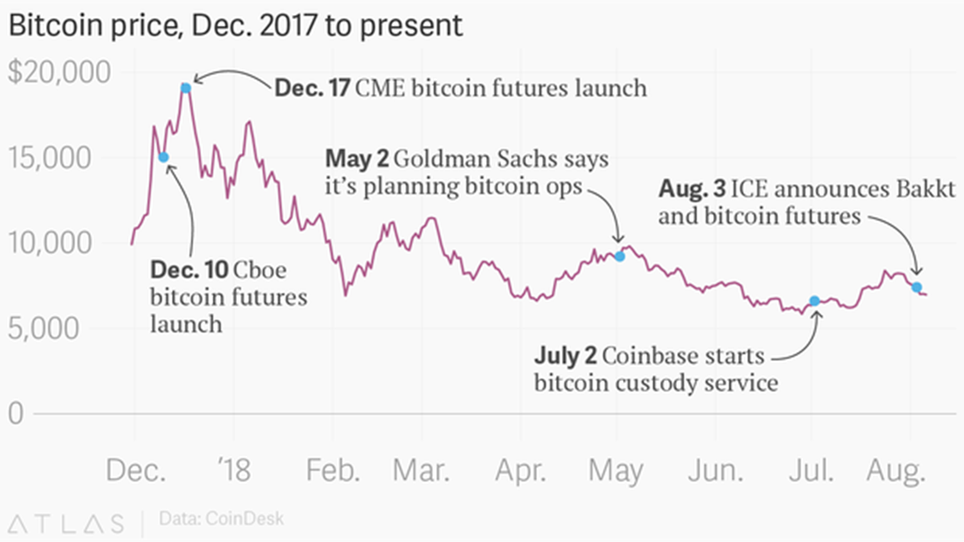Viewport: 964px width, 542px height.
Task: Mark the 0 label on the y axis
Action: click(x=16, y=414)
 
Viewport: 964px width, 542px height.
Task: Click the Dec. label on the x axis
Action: click(x=136, y=471)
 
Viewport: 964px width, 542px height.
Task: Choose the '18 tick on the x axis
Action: click(x=233, y=471)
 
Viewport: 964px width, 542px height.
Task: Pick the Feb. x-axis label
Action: click(x=333, y=471)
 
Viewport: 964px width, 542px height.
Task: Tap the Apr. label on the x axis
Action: click(x=520, y=471)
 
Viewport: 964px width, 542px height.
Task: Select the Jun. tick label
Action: click(x=715, y=471)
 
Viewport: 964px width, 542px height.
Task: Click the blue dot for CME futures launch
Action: click(x=186, y=88)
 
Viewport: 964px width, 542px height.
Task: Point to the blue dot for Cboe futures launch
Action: click(x=163, y=158)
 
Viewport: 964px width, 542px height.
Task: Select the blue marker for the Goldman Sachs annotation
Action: click(x=620, y=256)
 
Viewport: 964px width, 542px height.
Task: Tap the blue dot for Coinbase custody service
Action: click(x=814, y=300)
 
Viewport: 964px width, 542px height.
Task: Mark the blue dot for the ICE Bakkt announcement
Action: click(x=916, y=287)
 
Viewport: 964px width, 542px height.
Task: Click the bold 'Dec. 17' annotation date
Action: click(x=312, y=88)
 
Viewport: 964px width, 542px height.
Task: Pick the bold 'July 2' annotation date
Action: click(x=565, y=357)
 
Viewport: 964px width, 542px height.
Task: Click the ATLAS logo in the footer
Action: click(x=66, y=523)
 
